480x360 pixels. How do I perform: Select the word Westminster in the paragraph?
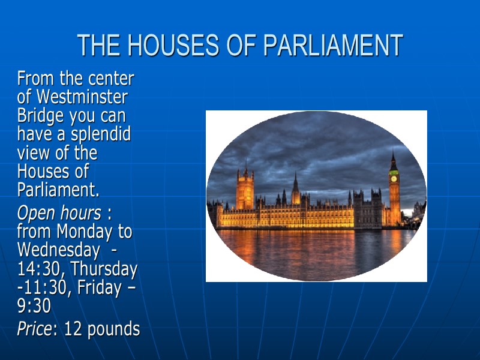coord(82,97)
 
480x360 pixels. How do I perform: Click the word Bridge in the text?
coord(41,115)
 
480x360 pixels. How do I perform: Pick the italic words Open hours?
coord(59,213)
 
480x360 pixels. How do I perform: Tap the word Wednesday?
coord(58,250)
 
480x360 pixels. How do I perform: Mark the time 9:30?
coord(34,306)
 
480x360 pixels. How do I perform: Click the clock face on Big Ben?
coord(394,178)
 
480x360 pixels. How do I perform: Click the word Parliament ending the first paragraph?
coord(57,191)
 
